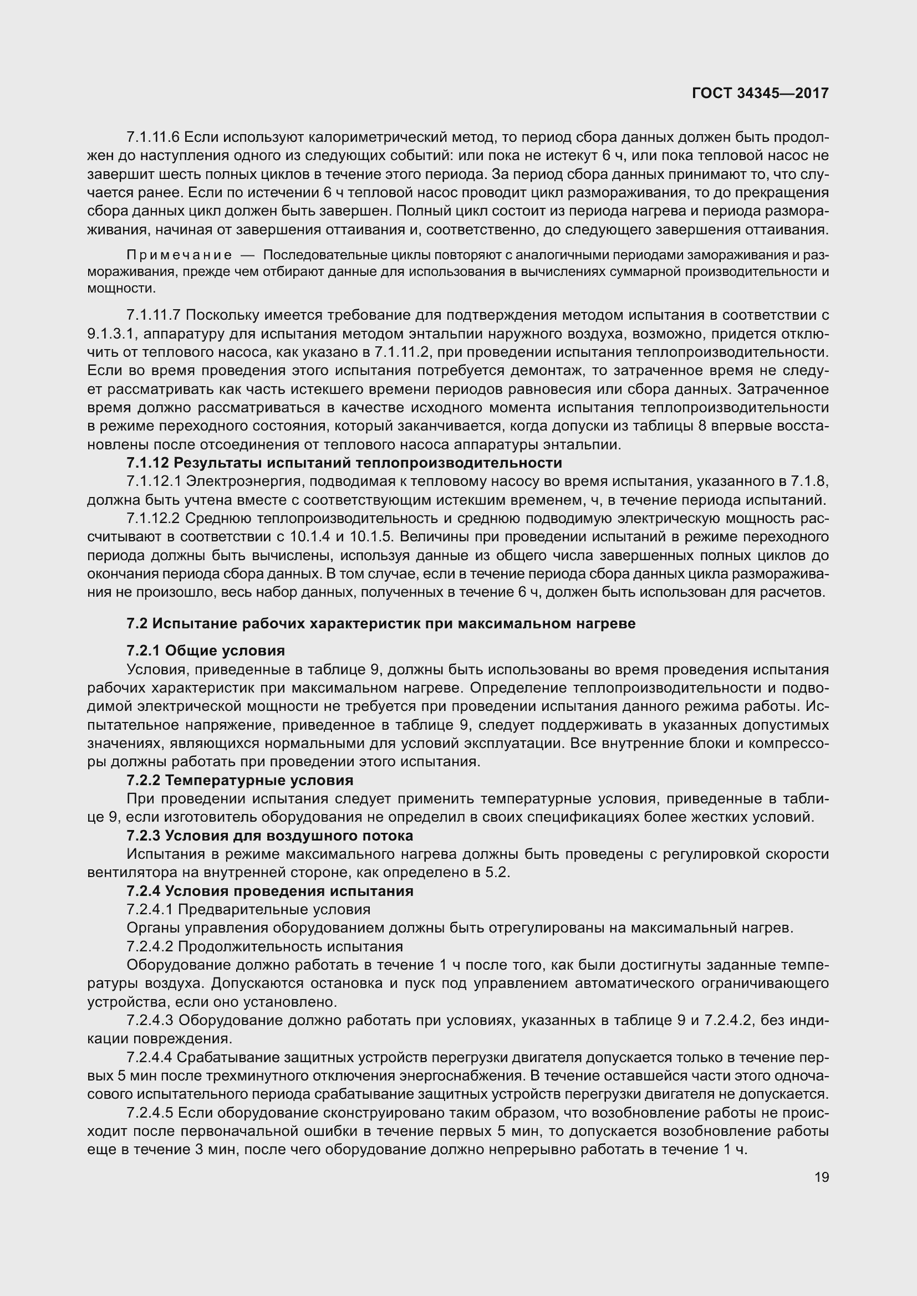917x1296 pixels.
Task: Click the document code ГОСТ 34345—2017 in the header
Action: (760, 93)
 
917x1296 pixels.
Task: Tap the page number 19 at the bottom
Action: (822, 1177)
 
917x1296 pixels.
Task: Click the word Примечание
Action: (179, 255)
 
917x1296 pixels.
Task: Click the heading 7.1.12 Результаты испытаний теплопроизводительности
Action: (344, 463)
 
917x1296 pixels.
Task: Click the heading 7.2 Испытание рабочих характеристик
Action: (380, 624)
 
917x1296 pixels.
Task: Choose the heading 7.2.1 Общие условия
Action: (206, 651)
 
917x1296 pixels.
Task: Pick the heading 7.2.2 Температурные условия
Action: (240, 781)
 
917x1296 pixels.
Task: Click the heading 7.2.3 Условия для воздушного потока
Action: (269, 836)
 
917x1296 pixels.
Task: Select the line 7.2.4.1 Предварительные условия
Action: (248, 909)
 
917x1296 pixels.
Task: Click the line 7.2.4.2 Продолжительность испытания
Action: (265, 946)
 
